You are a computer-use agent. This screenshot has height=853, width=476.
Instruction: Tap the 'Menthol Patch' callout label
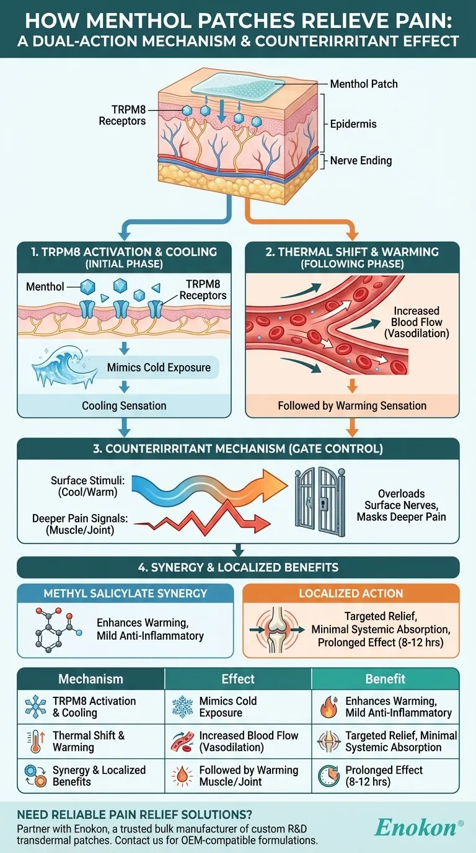[x=363, y=84]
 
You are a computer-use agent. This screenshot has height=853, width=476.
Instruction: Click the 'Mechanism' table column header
[x=90, y=679]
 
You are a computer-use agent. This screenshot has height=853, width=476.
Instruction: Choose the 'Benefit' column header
[x=386, y=679]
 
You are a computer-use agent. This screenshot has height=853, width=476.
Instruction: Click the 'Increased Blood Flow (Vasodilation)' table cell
[x=248, y=741]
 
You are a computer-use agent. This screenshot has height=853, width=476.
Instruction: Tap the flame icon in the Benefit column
[x=328, y=707]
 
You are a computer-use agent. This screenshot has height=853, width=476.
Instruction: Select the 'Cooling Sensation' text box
[x=124, y=406]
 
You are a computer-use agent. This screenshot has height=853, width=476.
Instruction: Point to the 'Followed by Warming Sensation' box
[x=352, y=406]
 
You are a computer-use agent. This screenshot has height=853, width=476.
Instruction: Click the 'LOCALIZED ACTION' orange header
[x=351, y=593]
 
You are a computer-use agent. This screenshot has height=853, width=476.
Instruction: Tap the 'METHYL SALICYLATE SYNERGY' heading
[x=125, y=593]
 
